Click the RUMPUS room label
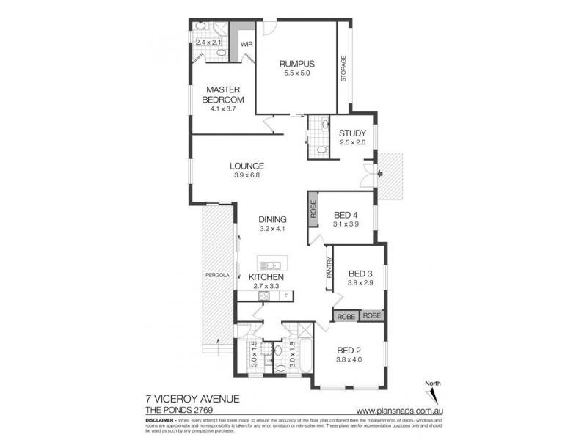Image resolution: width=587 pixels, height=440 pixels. coord(296,63)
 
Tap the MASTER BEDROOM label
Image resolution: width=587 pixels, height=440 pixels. coord(224,95)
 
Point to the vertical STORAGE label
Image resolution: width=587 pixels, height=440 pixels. coord(343,67)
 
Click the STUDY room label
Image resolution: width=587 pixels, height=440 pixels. coord(352,133)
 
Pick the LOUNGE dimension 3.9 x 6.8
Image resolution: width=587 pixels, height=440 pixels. coord(246,175)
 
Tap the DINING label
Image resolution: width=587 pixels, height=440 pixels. coord(272,219)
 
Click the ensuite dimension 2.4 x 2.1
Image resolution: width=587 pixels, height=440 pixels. coord(208,42)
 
